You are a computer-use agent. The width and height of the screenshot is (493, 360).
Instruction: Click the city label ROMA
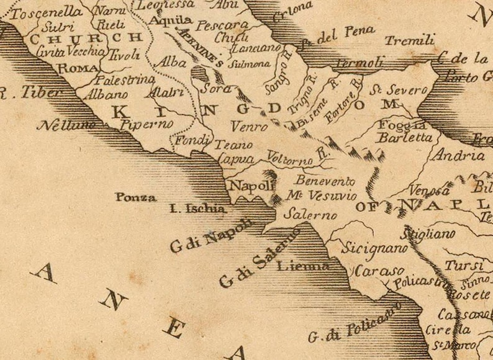(76, 68)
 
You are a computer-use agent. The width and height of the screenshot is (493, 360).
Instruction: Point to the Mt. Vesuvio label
(322, 196)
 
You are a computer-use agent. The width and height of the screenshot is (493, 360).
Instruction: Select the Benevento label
(325, 181)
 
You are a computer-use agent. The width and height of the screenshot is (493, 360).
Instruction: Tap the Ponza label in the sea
(135, 197)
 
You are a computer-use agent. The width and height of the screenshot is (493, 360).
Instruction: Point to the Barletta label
(405, 137)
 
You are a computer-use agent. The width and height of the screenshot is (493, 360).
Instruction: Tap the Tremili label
(409, 41)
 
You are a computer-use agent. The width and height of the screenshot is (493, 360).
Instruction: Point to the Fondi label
(192, 141)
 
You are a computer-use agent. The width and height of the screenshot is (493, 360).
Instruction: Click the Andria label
(460, 155)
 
